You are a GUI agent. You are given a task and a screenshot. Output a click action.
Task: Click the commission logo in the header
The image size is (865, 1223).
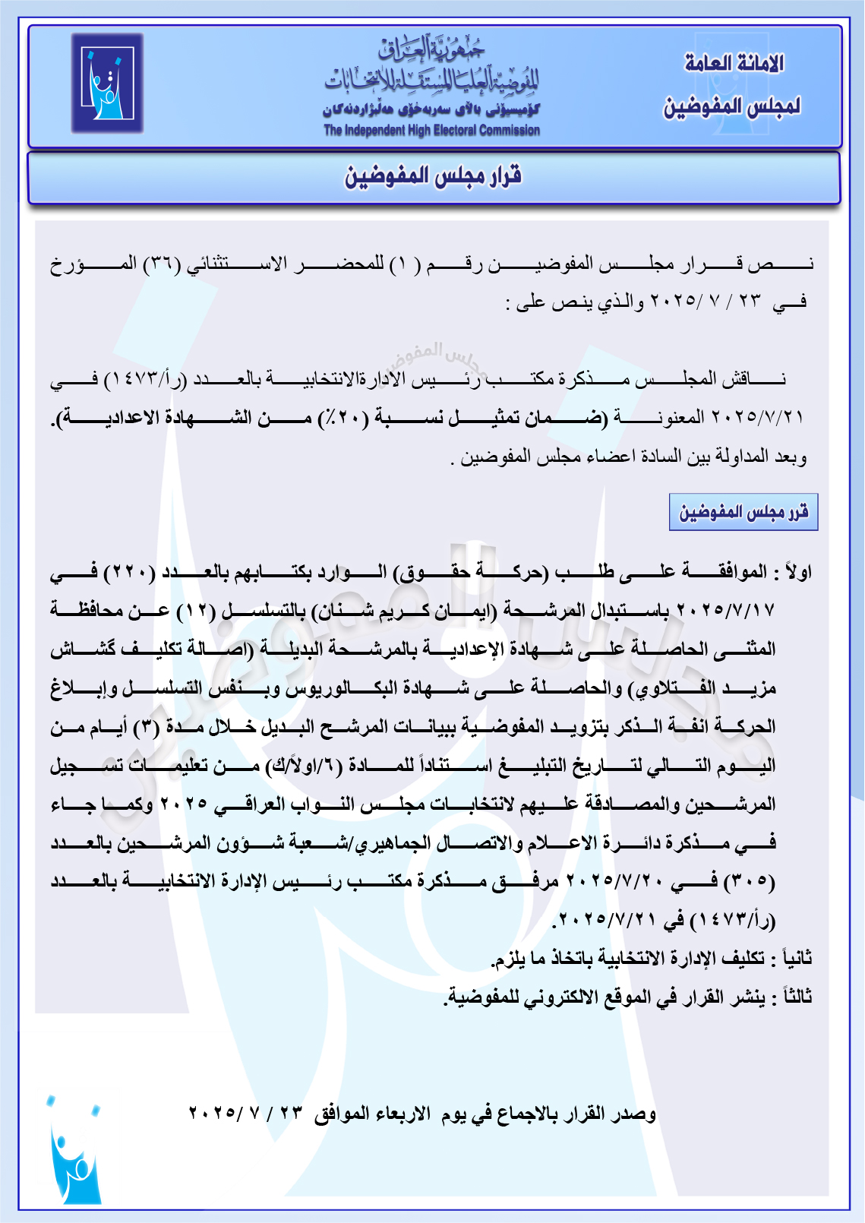coord(107,84)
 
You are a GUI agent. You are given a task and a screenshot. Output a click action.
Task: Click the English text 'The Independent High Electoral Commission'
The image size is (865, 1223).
coord(431,131)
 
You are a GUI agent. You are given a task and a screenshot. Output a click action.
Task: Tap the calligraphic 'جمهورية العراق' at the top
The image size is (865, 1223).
coord(431,50)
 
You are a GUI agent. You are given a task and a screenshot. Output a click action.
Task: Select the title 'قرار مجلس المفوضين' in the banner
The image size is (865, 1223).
coord(434,177)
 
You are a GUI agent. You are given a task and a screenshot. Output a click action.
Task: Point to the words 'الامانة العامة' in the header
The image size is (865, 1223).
coord(734,64)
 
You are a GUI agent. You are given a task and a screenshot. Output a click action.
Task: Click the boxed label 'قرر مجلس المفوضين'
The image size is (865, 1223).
coord(743,512)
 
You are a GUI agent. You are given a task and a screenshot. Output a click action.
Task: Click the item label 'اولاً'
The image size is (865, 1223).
coord(796,572)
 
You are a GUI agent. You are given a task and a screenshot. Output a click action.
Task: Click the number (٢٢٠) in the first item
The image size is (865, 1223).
coord(126,572)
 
